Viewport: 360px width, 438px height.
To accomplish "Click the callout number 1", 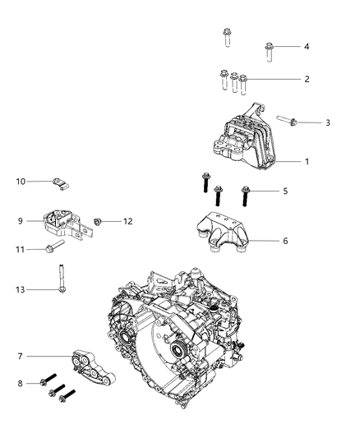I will tap(307, 161).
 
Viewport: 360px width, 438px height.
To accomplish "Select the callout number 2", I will tap(307, 79).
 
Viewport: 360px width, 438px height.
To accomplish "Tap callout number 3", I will tap(327, 122).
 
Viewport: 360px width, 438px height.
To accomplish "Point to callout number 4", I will tap(307, 46).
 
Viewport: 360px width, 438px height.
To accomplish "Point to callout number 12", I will tap(127, 220).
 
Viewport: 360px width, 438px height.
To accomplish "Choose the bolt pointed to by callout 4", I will tap(269, 50).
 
